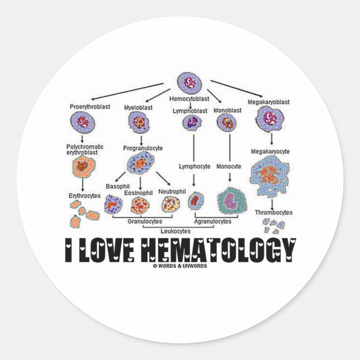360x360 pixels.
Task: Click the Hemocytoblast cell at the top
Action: (190, 82)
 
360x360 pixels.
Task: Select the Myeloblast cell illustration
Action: (138, 121)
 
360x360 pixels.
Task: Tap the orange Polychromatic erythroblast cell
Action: (84, 167)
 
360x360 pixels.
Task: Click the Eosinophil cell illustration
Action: (139, 206)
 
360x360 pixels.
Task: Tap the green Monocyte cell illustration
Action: (230, 201)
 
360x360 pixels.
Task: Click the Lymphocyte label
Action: (194, 167)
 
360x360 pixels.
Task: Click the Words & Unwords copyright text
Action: (179, 266)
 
